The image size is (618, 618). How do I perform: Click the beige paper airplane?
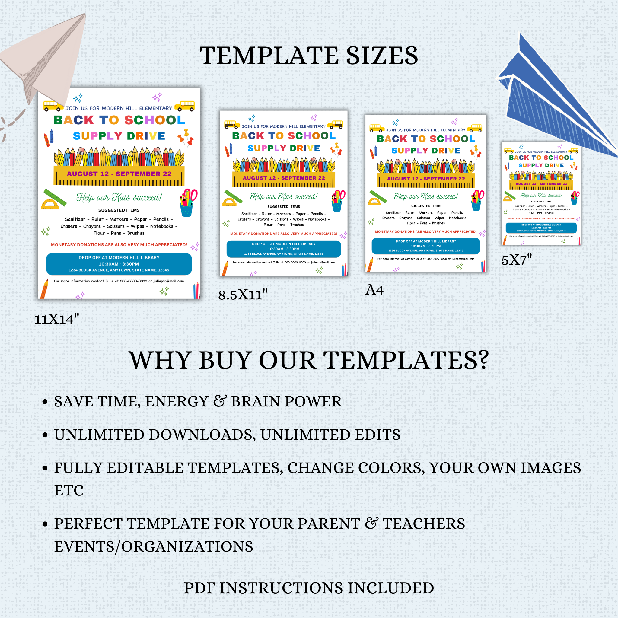[48, 61]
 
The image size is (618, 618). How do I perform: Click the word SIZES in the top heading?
[382, 56]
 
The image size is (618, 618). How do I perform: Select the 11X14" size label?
[57, 319]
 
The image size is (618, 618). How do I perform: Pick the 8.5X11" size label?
[243, 295]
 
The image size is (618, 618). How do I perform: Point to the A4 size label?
[374, 290]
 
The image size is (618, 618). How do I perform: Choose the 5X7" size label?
[516, 260]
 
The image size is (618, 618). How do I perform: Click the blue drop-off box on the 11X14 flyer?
[119, 264]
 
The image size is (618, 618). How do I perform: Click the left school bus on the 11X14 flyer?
[53, 106]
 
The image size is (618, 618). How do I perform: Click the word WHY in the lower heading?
[160, 361]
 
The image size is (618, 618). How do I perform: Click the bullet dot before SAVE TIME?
[45, 402]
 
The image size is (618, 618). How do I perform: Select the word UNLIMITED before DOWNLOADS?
[99, 435]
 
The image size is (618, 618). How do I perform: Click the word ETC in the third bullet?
[69, 490]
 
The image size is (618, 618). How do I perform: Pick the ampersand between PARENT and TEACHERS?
[371, 524]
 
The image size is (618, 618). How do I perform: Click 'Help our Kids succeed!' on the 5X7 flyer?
[541, 196]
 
